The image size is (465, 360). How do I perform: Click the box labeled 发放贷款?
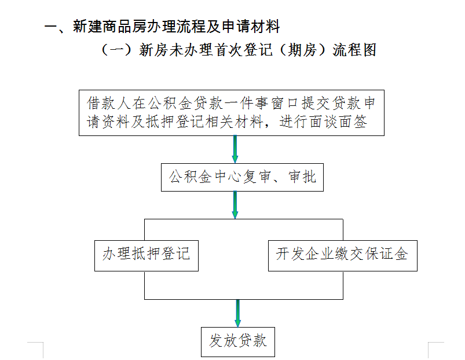click(238, 341)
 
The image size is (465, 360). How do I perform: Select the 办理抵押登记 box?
click(147, 256)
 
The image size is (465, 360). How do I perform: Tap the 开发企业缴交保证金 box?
click(342, 256)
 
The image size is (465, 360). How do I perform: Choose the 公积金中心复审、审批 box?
click(242, 177)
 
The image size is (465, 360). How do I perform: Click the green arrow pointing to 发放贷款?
click(238, 313)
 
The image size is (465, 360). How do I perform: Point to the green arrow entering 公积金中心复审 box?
click(235, 149)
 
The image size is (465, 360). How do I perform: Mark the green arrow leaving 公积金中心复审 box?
click(235, 205)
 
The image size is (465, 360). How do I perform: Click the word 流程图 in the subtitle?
click(354, 50)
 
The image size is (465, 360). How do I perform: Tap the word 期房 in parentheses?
click(302, 50)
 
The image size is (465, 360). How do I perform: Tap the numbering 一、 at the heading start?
click(57, 27)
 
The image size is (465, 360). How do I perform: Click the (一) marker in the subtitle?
click(116, 50)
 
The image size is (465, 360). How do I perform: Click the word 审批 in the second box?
click(302, 177)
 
